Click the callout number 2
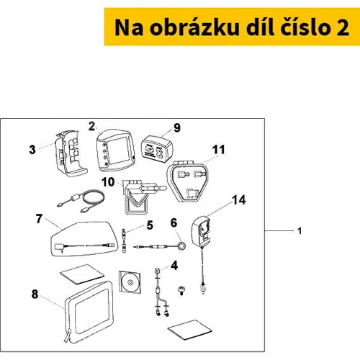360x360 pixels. (x=91, y=126)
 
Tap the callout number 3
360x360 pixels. (x=32, y=150)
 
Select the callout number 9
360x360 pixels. (x=177, y=127)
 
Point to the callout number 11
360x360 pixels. (x=218, y=150)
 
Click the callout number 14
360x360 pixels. (x=239, y=200)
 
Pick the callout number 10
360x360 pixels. (x=108, y=182)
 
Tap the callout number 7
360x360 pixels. (x=39, y=219)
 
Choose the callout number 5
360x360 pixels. (x=150, y=225)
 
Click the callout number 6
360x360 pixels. (x=174, y=222)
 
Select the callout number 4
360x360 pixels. (x=174, y=266)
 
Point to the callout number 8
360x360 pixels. (x=35, y=294)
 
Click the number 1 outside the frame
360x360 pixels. (x=300, y=231)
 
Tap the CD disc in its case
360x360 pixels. (x=130, y=282)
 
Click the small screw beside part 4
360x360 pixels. (x=181, y=290)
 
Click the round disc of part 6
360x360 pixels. (x=181, y=246)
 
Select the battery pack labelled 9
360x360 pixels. (x=156, y=150)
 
